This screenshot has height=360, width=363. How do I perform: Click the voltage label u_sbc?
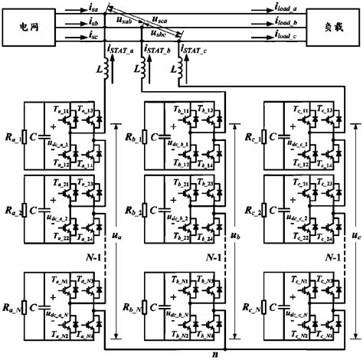click(x=159, y=34)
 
